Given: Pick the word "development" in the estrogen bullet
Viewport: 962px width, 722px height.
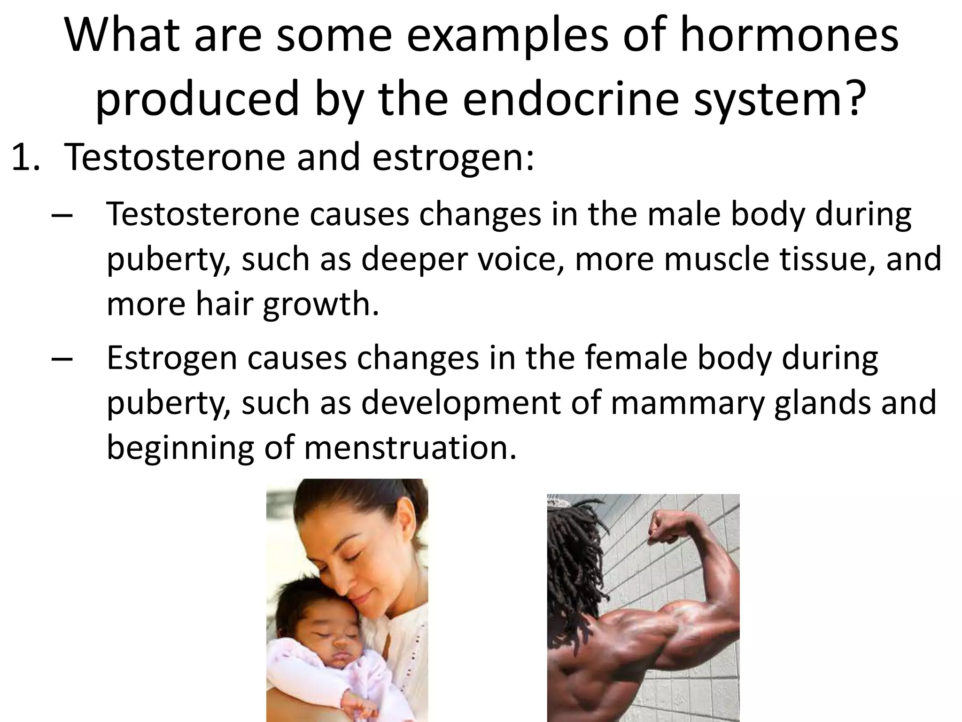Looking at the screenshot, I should click(460, 403).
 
